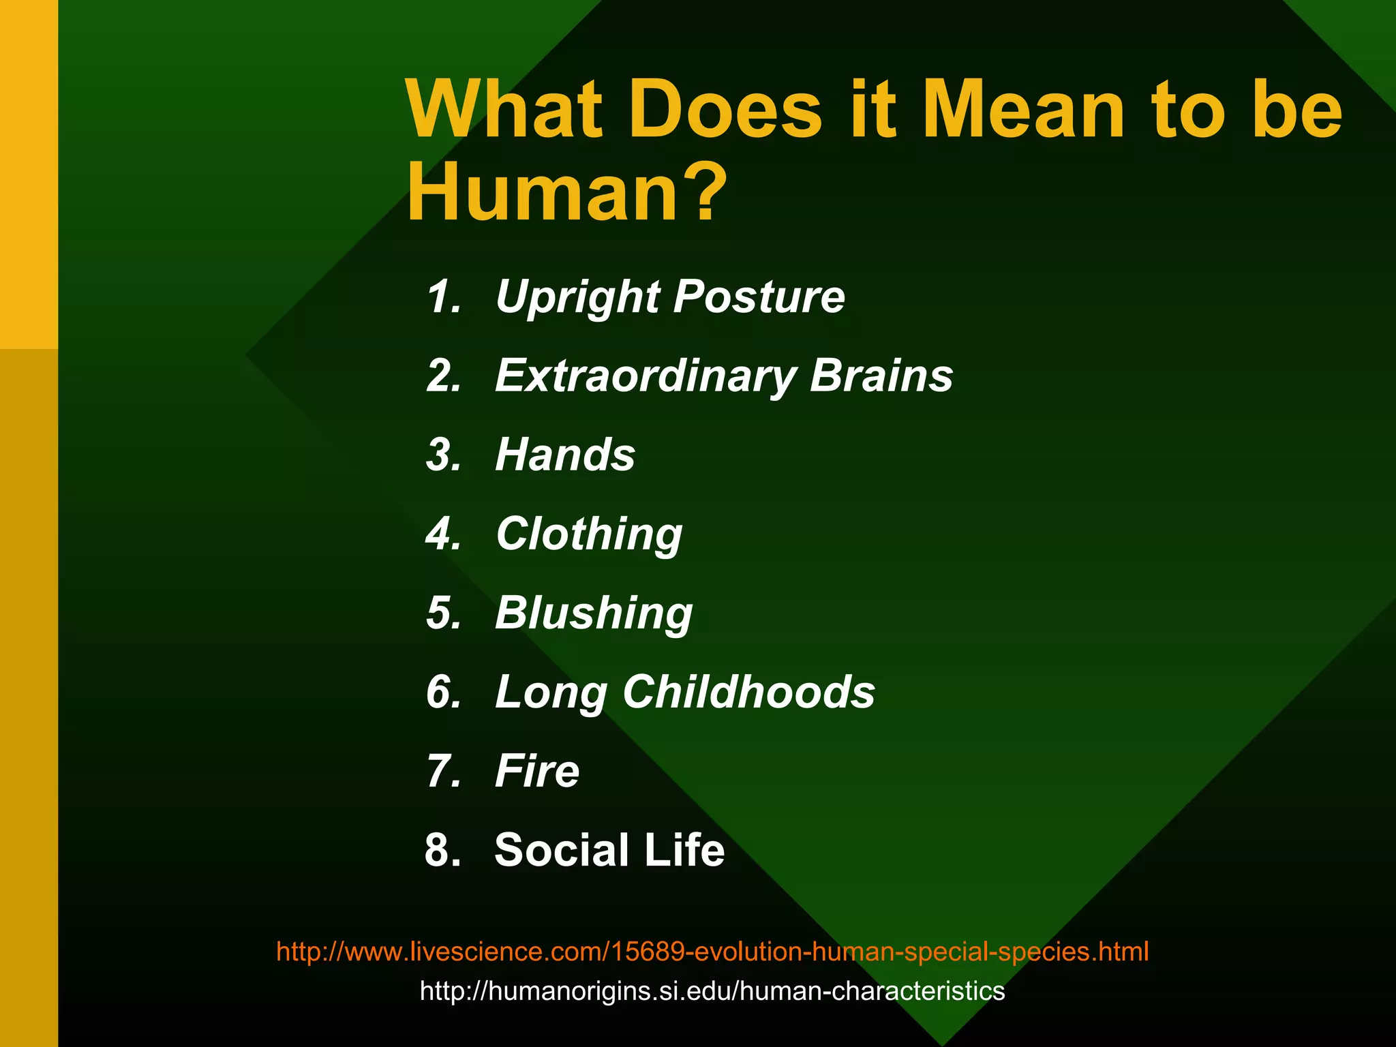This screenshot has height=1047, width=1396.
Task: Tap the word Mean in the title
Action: tap(1023, 110)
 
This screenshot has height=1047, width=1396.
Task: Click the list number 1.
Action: tap(444, 297)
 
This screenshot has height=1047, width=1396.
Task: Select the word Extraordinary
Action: tap(645, 377)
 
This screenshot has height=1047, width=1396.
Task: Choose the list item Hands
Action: tap(565, 455)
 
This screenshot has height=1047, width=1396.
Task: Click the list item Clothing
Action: tap(589, 534)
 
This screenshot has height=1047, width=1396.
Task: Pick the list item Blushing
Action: tap(594, 613)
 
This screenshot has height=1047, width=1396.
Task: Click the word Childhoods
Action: tap(748, 692)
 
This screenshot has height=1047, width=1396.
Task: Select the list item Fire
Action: tap(537, 771)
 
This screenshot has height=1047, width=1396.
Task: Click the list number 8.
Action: tap(443, 850)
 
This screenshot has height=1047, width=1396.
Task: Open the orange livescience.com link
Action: tap(712, 951)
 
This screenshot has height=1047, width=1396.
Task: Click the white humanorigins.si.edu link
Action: tap(712, 990)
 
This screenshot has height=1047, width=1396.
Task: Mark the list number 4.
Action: tap(444, 534)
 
